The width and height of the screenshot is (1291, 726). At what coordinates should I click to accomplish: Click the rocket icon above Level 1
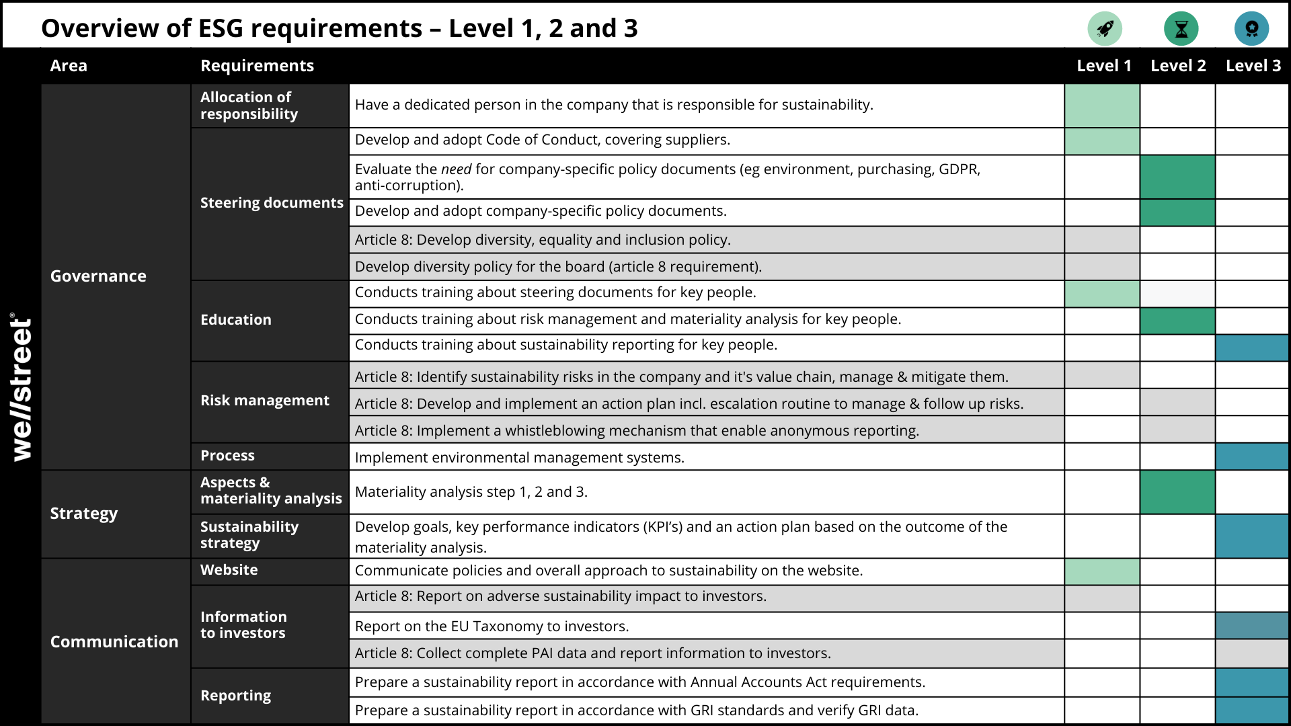coord(1105,29)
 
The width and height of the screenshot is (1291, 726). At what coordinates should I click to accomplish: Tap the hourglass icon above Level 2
coord(1181,29)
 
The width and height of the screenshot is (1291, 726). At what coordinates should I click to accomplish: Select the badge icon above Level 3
coord(1251,29)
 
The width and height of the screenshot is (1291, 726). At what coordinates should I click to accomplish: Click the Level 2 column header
coord(1178,66)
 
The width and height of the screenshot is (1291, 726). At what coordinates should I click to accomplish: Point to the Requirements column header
coord(257,66)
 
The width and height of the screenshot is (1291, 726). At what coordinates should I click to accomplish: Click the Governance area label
coord(98,276)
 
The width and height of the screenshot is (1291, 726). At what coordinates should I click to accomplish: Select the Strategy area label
coord(84,514)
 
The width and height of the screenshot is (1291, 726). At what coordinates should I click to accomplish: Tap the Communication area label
coord(114,642)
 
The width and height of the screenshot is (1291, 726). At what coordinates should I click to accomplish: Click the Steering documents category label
coord(272,203)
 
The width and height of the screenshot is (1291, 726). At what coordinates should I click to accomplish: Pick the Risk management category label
coord(265,401)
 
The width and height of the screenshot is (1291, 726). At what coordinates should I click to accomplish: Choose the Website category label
coord(229,570)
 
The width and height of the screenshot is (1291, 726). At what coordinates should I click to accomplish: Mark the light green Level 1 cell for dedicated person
coord(1102,106)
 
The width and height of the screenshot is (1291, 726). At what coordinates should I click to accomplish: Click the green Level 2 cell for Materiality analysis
coord(1177,492)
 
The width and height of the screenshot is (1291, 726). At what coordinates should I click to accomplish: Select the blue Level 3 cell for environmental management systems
coord(1252,456)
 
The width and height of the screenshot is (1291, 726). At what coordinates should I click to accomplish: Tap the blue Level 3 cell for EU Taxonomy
coord(1252,626)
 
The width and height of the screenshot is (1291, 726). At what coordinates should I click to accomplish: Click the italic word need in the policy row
coord(456,169)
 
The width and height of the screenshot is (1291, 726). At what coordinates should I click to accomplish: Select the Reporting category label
coord(235,696)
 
